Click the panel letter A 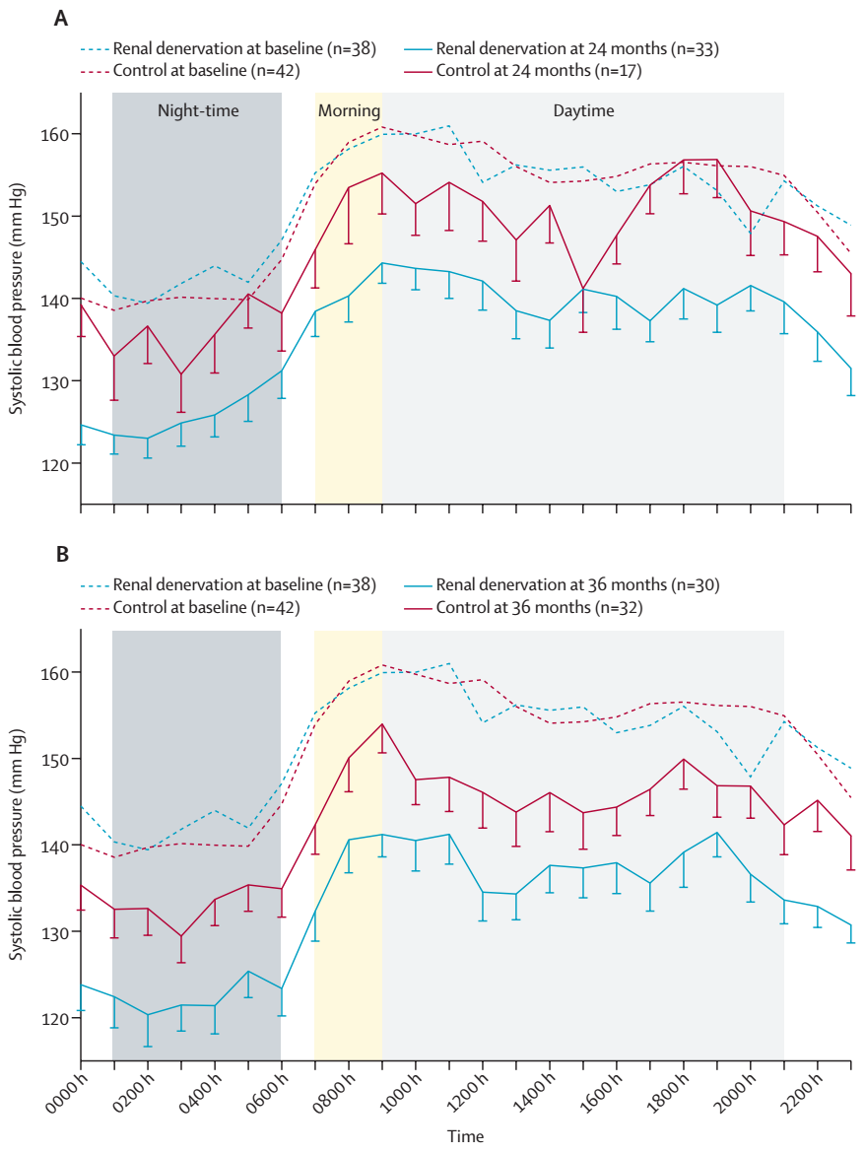[x=61, y=18]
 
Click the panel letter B [x=61, y=555]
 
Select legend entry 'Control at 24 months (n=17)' [x=538, y=70]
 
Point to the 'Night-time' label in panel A [x=197, y=111]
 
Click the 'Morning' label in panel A [x=349, y=111]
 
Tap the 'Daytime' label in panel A [x=582, y=111]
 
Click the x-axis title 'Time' [x=465, y=1136]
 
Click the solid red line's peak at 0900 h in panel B [x=382, y=724]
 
